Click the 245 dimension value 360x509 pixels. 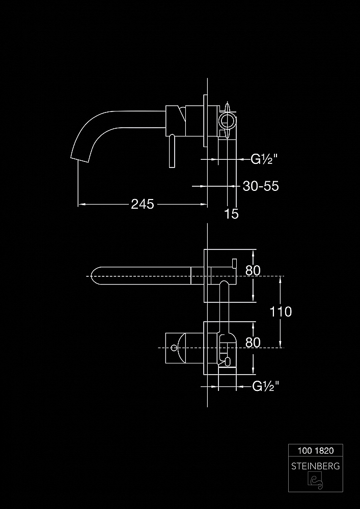pos(142,204)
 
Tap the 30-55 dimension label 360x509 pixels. pos(261,186)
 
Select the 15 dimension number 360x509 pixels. pos(232,214)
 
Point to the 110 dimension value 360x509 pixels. pos(281,312)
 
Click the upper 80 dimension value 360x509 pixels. pos(253,270)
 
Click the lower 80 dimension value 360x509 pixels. pos(253,343)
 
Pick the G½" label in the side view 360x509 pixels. pos(264,159)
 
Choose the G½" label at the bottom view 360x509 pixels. pos(265,386)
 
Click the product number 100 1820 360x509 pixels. pos(316,450)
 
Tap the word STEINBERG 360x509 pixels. pos(316,466)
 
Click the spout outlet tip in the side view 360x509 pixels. pos(79,159)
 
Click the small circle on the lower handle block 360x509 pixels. pos(174,348)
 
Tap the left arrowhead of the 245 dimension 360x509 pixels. pos(81,204)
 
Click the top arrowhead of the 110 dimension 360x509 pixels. pos(281,279)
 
